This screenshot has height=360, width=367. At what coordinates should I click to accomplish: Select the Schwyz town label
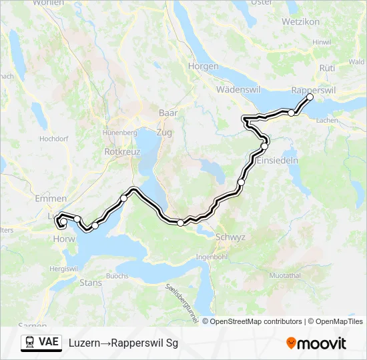(231, 237)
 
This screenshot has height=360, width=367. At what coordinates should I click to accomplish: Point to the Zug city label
(163, 133)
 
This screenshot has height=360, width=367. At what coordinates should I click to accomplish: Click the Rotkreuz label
(121, 151)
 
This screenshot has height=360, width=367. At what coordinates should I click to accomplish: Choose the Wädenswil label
(238, 90)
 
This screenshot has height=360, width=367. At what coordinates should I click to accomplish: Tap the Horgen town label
(204, 67)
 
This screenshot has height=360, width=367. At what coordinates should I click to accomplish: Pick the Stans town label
(91, 283)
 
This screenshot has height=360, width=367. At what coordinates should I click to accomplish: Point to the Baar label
(168, 113)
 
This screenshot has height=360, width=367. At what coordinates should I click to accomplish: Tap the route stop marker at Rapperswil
(310, 97)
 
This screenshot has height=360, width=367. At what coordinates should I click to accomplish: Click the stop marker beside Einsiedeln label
(264, 145)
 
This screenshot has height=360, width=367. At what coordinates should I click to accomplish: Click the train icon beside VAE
(29, 343)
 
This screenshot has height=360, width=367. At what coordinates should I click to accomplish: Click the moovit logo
(316, 343)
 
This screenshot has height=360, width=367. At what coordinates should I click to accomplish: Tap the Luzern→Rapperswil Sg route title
(123, 343)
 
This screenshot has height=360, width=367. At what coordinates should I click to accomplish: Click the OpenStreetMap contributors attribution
(256, 321)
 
